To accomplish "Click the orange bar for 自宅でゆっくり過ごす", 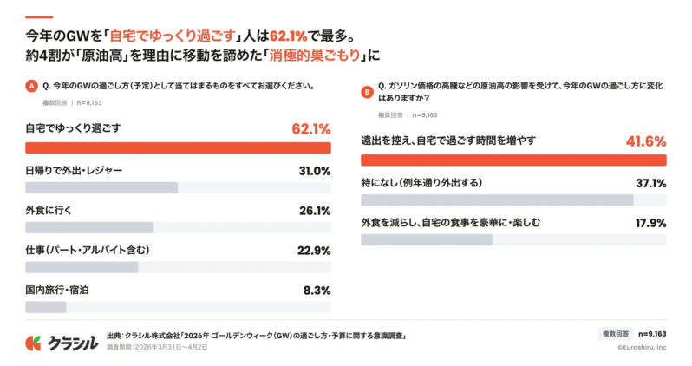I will click(178, 147).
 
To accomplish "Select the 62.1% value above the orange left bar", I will click(310, 129).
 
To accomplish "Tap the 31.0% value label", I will click(315, 171).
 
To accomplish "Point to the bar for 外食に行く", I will click(89, 227).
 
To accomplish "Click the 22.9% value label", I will click(314, 251).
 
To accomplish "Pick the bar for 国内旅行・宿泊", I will click(46, 307).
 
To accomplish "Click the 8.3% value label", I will click(317, 291).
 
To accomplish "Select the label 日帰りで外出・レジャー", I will click(74, 171).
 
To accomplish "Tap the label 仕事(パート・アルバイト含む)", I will click(88, 251).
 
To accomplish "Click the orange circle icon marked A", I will click(32, 87).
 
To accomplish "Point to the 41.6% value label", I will click(645, 141).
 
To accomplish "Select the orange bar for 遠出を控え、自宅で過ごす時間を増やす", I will click(513, 160).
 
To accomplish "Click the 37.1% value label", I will click(650, 183).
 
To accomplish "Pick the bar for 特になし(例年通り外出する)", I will click(497, 199).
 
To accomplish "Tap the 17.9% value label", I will click(650, 223).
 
